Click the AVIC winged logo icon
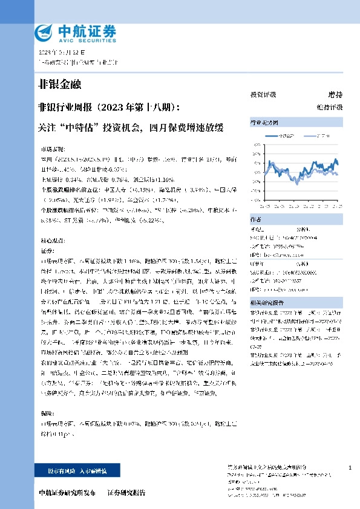coord(46,31)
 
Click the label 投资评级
coord(263,95)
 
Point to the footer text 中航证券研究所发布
coord(67,493)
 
